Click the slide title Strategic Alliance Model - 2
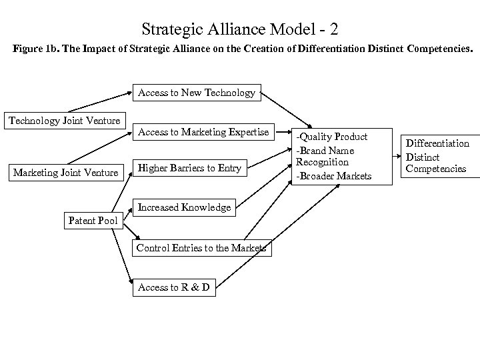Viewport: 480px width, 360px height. tap(240, 29)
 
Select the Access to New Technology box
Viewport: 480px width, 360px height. tap(196, 93)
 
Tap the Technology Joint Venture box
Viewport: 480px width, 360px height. tap(64, 120)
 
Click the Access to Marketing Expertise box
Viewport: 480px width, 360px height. tap(203, 132)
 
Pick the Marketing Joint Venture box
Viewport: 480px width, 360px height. tap(65, 173)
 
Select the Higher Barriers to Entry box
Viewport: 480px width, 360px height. tap(189, 168)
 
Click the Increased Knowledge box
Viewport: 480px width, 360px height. tap(184, 207)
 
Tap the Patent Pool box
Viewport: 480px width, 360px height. tap(93, 221)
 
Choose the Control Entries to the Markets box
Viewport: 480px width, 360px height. tap(201, 248)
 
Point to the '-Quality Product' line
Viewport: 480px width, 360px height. tap(332, 137)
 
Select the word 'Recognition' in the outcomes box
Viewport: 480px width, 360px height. tap(323, 162)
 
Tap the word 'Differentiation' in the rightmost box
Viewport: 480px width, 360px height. tap(438, 143)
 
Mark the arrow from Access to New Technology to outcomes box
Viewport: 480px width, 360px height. tap(286, 110)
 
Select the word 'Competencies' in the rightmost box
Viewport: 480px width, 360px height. tap(438, 169)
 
